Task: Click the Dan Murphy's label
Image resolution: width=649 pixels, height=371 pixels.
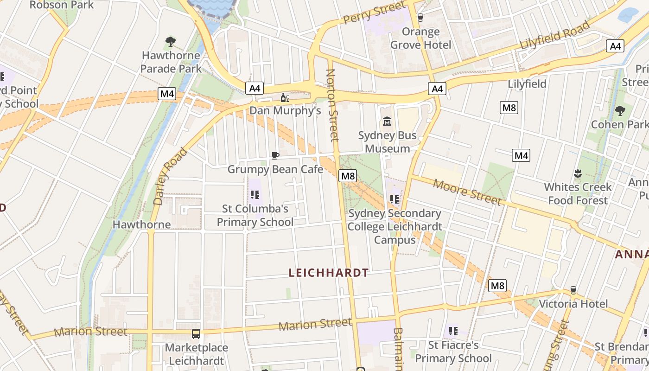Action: tap(285, 110)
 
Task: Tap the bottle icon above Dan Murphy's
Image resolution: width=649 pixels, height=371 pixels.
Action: tap(285, 97)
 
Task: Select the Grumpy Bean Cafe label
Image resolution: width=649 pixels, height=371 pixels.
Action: tap(275, 169)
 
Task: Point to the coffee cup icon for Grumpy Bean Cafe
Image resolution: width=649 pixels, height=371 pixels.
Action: tap(275, 155)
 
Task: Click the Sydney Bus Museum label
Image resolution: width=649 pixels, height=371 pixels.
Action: tap(388, 142)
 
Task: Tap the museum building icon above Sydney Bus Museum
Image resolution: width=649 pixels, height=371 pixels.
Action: tap(387, 122)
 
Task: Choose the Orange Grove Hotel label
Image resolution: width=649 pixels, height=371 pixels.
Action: tap(420, 38)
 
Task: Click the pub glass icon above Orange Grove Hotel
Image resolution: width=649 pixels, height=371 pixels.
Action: tap(420, 18)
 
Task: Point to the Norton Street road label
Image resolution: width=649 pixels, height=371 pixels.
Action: tap(332, 105)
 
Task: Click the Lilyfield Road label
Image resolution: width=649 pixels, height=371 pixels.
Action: tap(554, 36)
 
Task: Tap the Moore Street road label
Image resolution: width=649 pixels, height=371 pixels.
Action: tap(467, 192)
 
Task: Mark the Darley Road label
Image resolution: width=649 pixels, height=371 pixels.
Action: tap(171, 176)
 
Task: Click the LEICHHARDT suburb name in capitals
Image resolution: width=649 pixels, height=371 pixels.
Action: tap(329, 273)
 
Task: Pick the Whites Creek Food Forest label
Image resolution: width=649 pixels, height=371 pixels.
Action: tap(578, 194)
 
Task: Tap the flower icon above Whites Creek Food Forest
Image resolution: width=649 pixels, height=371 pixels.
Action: tap(578, 174)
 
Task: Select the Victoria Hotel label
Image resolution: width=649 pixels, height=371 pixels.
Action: tap(573, 304)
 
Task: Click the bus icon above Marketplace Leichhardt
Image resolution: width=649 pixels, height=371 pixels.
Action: tap(196, 333)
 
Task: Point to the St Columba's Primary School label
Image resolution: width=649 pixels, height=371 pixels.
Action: tap(255, 216)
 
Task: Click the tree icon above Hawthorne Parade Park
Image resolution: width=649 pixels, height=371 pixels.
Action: tap(171, 42)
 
